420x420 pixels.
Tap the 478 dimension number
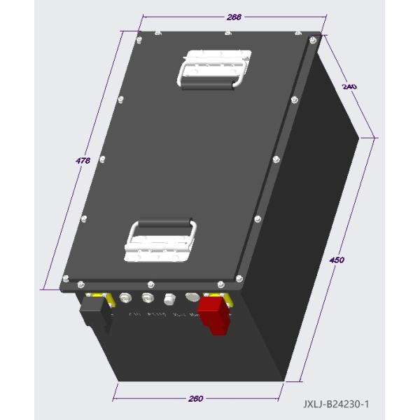tap(83, 161)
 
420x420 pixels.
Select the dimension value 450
tap(337, 260)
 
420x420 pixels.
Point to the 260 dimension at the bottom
tap(196, 398)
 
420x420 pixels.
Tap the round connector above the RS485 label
tap(148, 299)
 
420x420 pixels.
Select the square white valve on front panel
tap(169, 300)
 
